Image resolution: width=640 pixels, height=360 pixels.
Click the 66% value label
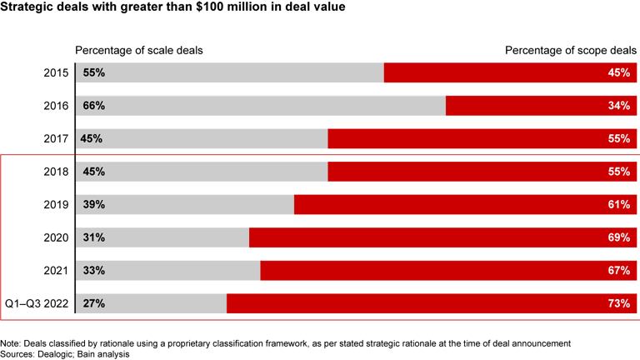click(93, 106)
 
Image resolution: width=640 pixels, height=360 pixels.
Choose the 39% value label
click(93, 205)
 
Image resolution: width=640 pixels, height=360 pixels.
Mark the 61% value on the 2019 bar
click(619, 205)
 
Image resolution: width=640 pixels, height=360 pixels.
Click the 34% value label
click(619, 106)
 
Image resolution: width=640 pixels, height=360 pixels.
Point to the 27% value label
click(93, 303)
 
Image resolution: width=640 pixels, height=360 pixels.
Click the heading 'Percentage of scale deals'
click(139, 50)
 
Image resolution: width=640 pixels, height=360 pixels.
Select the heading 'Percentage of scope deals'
click(570, 50)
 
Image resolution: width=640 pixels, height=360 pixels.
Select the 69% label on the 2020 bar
click(619, 237)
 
